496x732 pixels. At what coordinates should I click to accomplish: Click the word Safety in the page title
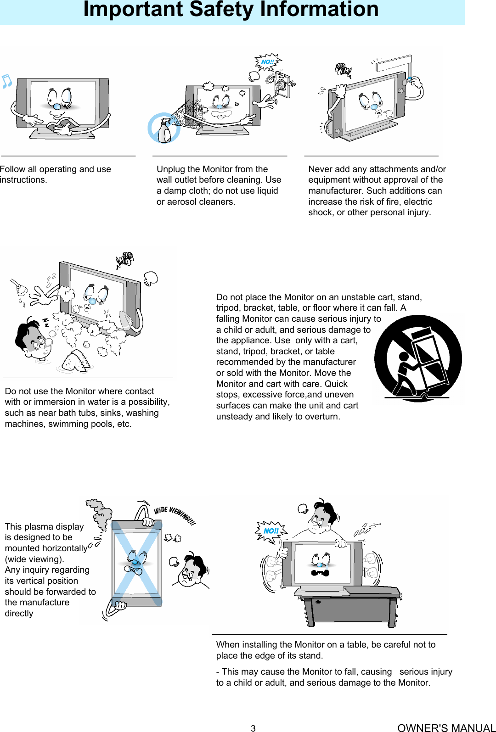(221, 9)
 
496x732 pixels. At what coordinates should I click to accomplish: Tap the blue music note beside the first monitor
(6, 81)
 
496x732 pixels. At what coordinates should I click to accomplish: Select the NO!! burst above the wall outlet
(267, 62)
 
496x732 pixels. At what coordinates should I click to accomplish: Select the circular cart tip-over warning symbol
(417, 358)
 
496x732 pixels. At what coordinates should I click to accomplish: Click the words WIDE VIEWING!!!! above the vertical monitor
(175, 515)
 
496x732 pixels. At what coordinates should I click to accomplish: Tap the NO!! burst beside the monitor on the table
(271, 531)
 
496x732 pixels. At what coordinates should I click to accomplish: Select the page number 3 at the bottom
(253, 728)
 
